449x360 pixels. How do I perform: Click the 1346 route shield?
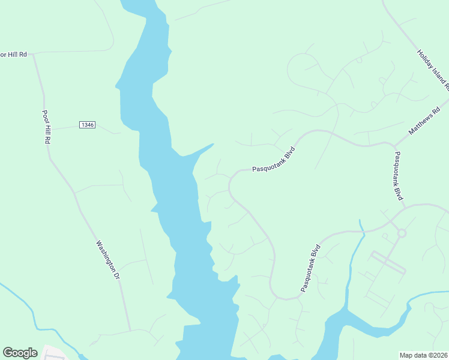[87, 125]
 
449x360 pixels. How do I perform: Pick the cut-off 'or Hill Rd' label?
[14, 54]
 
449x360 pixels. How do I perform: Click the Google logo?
[20, 353]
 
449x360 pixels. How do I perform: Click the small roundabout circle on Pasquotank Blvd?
[402, 233]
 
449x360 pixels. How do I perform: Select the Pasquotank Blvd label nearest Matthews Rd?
[397, 176]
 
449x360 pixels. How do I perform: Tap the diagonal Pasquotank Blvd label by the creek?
[311, 268]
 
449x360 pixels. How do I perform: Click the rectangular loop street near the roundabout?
[388, 263]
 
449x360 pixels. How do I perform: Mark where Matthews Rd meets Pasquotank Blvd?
[394, 144]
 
